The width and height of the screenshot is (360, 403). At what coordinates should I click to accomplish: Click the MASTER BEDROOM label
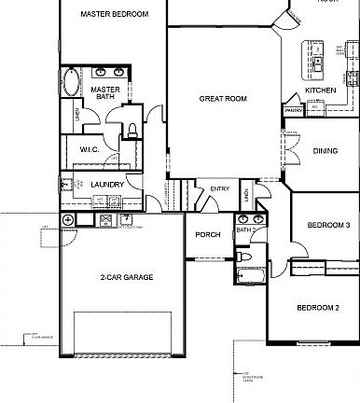[114, 14]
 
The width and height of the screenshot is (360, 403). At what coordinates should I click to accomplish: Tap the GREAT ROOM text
[223, 97]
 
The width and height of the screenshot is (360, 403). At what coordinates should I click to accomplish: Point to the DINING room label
[325, 150]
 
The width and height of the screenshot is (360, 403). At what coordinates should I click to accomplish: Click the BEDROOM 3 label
[328, 225]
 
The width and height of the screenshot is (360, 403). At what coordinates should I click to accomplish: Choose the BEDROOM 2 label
[318, 307]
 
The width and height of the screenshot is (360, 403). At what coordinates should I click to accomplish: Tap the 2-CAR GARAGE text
[127, 277]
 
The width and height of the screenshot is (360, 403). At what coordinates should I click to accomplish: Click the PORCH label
[207, 234]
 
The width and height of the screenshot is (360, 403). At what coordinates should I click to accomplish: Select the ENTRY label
[220, 189]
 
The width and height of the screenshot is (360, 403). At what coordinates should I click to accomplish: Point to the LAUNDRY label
[108, 185]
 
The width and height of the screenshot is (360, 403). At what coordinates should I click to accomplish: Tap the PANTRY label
[293, 109]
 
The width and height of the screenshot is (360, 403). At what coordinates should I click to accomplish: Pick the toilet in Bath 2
[241, 255]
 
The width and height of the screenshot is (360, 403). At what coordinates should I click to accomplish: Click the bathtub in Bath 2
[251, 274]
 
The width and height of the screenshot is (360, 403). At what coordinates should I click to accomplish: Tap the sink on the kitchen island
[318, 63]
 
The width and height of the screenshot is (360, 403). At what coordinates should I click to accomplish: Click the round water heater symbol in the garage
[68, 219]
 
